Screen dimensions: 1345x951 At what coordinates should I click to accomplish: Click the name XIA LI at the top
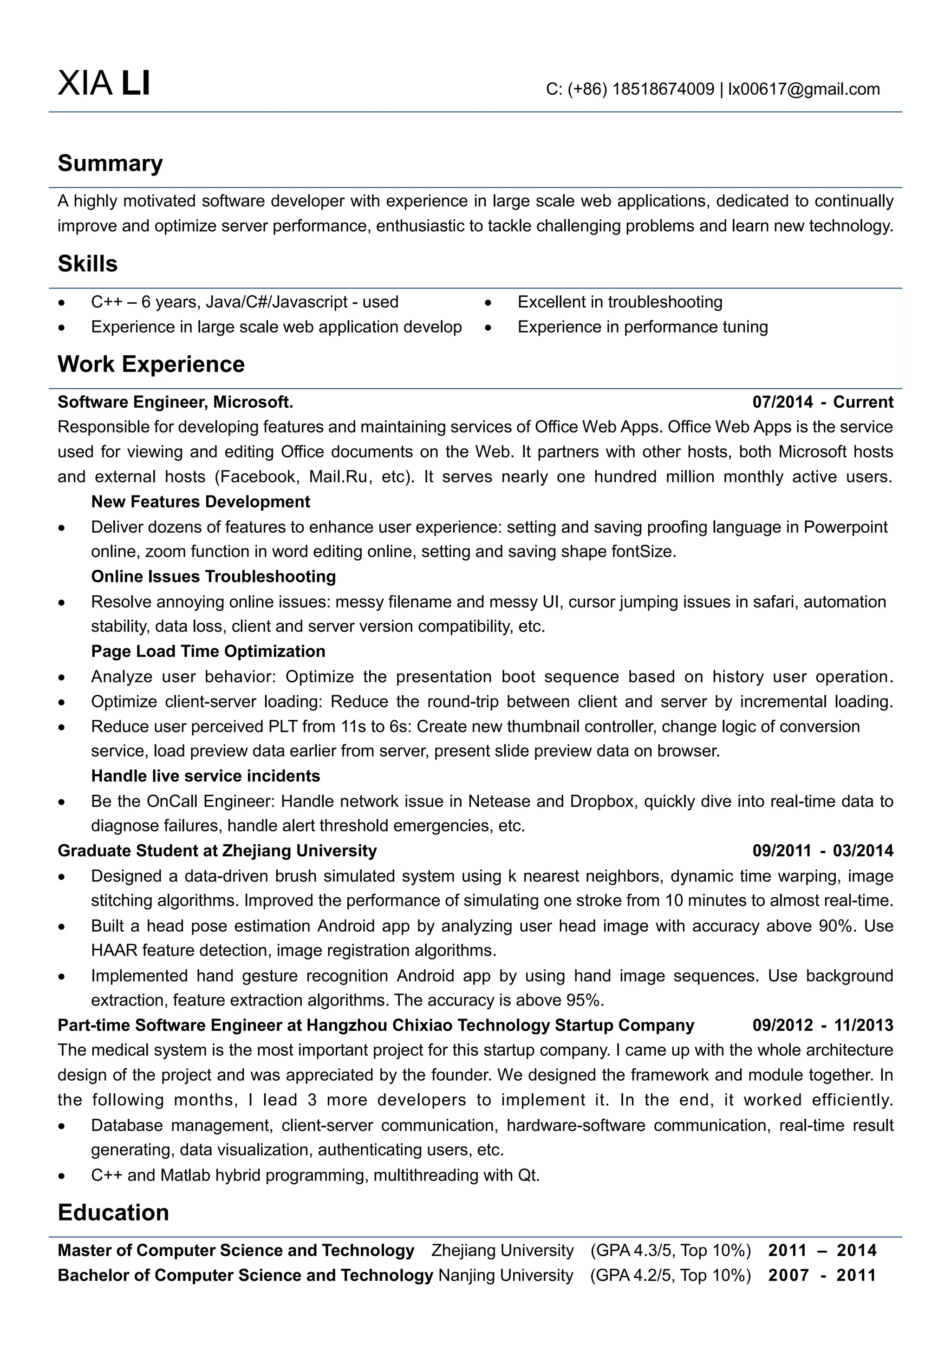click(104, 83)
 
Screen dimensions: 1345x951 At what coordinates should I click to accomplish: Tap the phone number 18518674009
click(663, 89)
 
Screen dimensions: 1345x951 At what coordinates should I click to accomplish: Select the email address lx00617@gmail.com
click(803, 89)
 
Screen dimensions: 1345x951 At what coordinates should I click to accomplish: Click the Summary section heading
click(110, 163)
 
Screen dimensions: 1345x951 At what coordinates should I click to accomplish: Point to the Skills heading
click(87, 264)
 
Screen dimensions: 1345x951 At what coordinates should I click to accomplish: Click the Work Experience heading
click(151, 365)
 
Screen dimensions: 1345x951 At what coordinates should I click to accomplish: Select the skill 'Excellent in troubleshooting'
click(619, 302)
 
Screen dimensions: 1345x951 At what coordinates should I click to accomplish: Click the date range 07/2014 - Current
click(822, 402)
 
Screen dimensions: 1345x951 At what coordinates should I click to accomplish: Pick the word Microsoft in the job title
click(252, 402)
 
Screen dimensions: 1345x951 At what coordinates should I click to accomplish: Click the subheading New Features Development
click(200, 502)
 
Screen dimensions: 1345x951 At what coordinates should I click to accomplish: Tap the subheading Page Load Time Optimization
click(208, 652)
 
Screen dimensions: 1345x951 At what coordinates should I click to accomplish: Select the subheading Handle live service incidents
click(206, 776)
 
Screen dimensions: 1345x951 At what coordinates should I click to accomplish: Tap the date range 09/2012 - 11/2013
click(822, 1025)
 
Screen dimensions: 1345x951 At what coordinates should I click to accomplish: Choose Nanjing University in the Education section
click(505, 1275)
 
